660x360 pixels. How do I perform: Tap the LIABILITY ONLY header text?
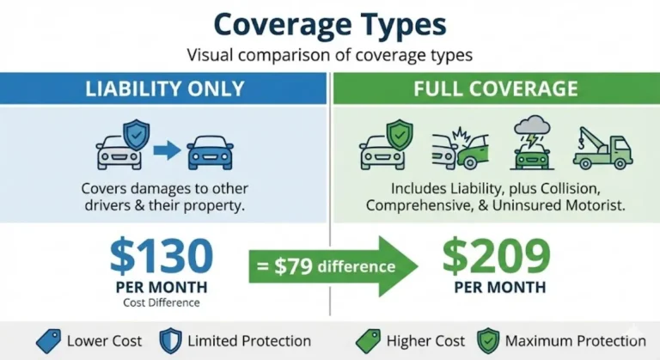click(163, 88)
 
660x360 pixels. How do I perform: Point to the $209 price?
click(496, 255)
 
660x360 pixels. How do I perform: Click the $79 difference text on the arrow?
click(321, 266)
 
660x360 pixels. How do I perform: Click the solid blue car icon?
click(209, 152)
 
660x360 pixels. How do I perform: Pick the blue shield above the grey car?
click(136, 133)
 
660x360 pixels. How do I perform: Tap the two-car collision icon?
click(458, 150)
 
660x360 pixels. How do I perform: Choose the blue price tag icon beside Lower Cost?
click(48, 341)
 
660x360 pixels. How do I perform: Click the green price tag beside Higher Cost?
click(368, 341)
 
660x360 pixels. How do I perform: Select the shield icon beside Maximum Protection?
click(487, 341)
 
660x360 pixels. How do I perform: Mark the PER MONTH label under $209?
click(496, 287)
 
